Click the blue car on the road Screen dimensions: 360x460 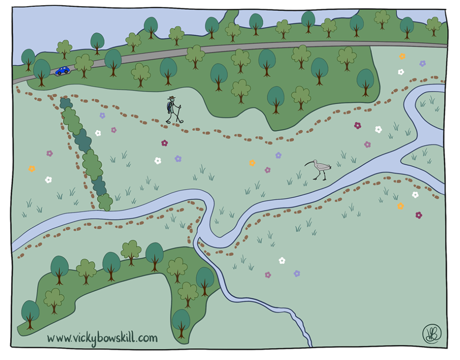63,71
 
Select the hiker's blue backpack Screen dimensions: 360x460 168,107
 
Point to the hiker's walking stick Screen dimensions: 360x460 180,113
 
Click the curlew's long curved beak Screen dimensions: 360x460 310,163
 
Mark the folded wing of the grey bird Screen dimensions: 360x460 322,166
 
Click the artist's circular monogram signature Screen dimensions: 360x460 432,333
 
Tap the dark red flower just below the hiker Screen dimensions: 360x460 164,143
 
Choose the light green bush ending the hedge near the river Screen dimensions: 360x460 105,202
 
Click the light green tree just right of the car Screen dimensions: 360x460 84,64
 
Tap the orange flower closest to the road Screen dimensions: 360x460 402,57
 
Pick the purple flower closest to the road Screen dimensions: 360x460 422,63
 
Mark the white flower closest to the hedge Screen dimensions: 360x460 97,133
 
